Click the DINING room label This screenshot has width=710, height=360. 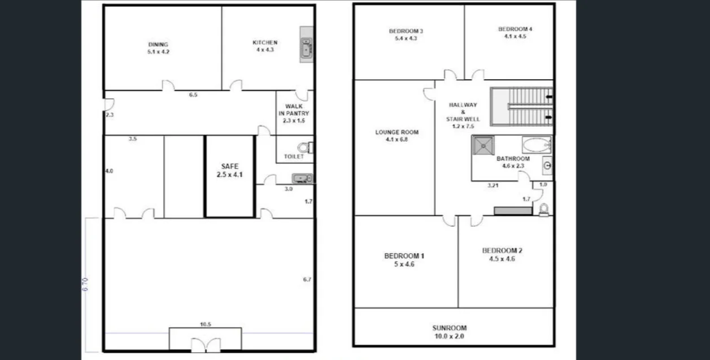[x=158, y=47]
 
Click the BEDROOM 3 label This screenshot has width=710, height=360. [x=406, y=34]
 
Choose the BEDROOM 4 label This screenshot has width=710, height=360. [x=515, y=32]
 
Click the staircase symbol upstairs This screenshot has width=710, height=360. [x=521, y=106]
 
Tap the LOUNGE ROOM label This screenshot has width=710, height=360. [x=397, y=136]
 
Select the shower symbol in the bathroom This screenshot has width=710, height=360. [x=482, y=145]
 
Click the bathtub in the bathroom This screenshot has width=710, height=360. [x=536, y=145]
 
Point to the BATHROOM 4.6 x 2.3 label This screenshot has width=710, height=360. [x=513, y=162]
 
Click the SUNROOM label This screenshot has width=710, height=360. [x=450, y=331]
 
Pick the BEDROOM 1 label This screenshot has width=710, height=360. [x=404, y=259]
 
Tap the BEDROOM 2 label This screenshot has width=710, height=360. [x=502, y=254]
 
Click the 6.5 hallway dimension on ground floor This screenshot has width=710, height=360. [x=193, y=95]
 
